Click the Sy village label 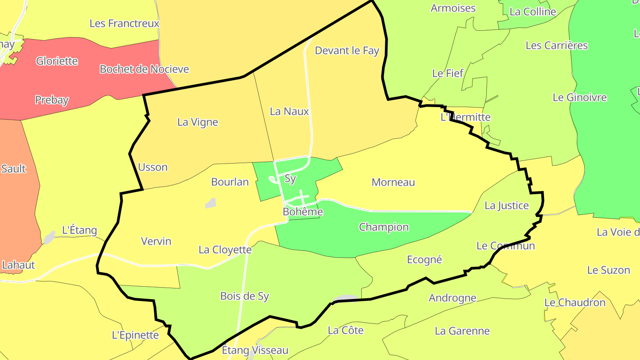(290, 179)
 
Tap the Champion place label (384, 227)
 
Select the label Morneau (393, 182)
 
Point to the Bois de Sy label (244, 296)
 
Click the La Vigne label (198, 122)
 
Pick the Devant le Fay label (347, 51)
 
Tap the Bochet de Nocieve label (144, 69)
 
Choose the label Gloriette (57, 61)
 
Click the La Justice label (507, 205)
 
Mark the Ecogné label (424, 260)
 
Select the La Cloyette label (225, 250)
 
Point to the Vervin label (156, 241)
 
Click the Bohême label (303, 212)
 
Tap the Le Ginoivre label (580, 97)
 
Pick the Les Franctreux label (124, 24)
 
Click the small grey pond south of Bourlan (211, 204)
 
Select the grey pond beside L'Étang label (49, 238)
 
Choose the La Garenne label (462, 331)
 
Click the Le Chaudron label (575, 303)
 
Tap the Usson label (153, 168)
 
